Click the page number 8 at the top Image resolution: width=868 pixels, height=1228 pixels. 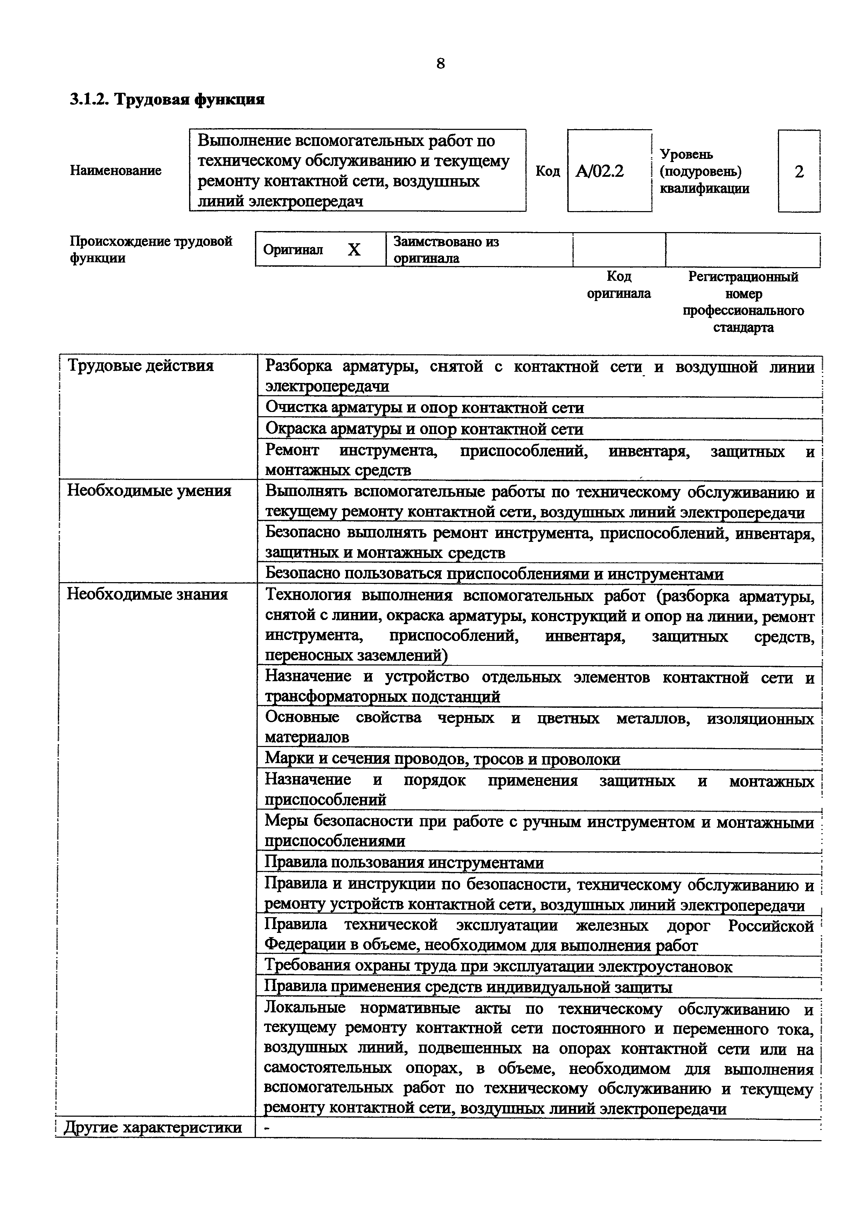coord(440,64)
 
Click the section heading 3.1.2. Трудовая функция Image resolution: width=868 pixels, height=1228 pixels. coord(167,99)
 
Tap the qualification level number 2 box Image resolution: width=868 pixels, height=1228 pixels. coord(799,172)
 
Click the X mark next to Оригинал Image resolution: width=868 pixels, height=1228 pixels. coord(354,250)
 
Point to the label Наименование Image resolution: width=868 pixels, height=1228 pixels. coord(116,170)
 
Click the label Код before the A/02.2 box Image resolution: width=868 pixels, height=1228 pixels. coord(548,171)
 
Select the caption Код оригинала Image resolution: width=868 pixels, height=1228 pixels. coord(619,285)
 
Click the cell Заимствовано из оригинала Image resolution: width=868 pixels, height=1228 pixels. coord(446,250)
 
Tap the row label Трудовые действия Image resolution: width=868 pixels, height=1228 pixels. coord(140,366)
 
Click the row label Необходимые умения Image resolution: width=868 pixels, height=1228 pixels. coord(149,490)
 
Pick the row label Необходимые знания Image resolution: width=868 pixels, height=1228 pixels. coord(147,594)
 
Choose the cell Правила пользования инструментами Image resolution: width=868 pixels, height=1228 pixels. coord(404,863)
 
